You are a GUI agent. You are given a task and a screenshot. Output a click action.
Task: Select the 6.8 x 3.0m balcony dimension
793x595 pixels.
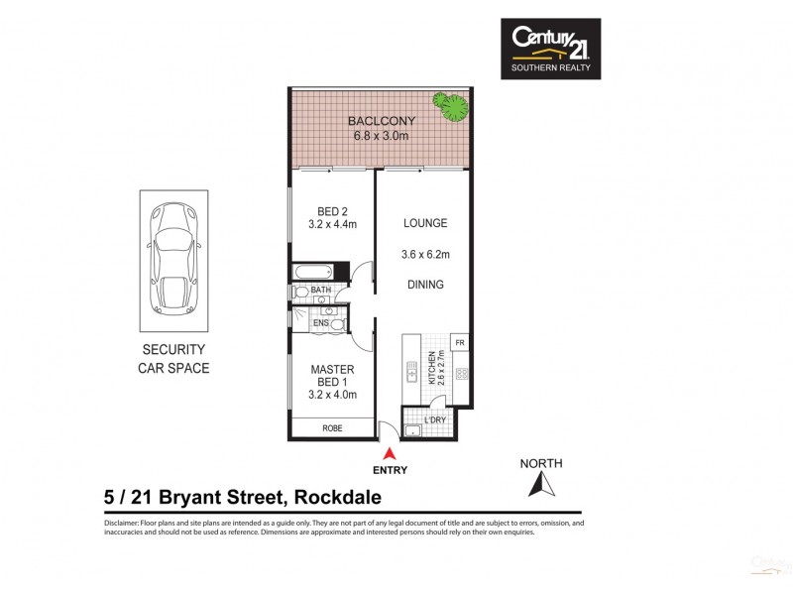(381, 136)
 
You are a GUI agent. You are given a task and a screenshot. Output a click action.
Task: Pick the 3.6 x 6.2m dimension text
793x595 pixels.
(425, 255)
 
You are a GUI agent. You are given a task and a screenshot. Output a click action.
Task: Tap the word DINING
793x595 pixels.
(425, 285)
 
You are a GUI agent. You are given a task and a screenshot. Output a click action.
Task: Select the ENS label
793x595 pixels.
(320, 323)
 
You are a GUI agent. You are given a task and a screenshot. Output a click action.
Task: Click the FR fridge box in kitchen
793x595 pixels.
(459, 343)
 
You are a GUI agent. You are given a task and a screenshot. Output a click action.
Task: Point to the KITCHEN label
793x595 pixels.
(431, 368)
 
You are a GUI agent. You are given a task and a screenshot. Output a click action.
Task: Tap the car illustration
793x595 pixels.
(172, 261)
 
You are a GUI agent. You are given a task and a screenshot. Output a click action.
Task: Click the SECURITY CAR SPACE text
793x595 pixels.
(172, 358)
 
